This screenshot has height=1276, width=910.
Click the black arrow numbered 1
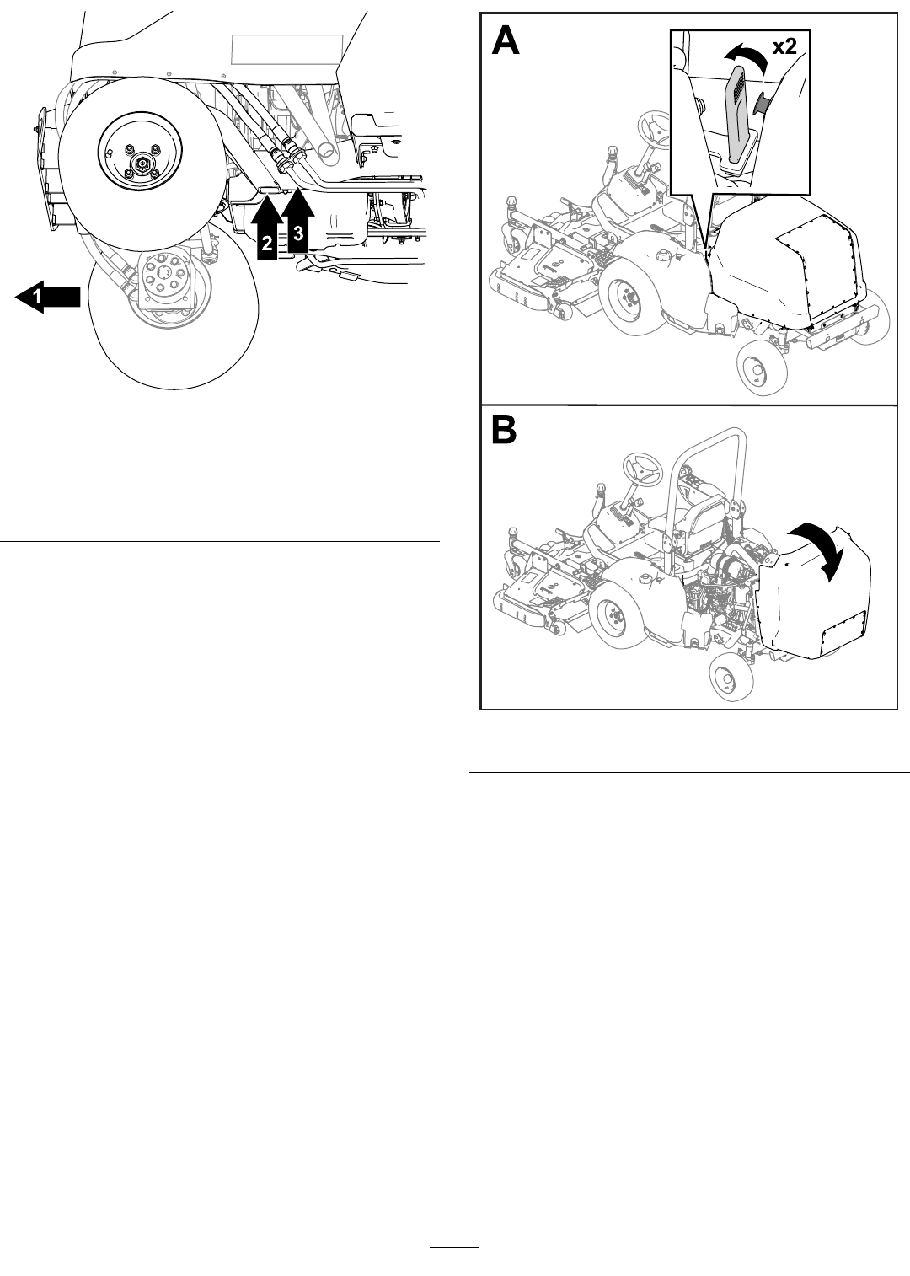[49, 298]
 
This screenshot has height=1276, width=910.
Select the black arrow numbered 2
[267, 231]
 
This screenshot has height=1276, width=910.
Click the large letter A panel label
[506, 41]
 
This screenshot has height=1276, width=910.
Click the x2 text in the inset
[784, 47]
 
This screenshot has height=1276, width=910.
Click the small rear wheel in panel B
[723, 679]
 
